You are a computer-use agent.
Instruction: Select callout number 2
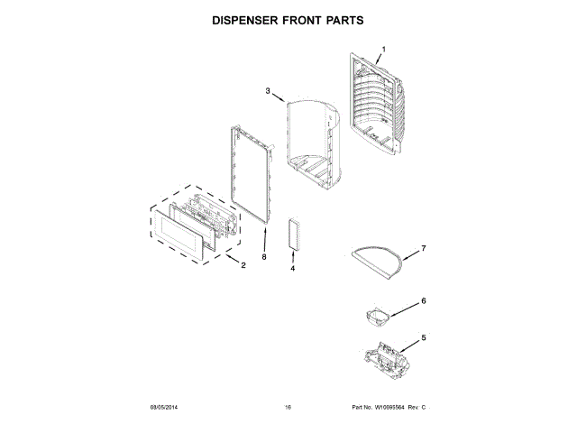click(x=243, y=265)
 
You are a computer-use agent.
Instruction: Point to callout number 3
click(x=268, y=91)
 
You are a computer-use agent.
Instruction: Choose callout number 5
click(x=424, y=339)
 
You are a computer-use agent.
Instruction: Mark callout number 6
click(x=424, y=301)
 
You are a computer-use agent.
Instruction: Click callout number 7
click(x=424, y=248)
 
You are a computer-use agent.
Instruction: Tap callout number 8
click(x=264, y=258)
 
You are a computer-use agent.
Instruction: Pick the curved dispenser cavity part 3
click(x=311, y=140)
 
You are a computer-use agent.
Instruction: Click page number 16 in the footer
click(x=288, y=408)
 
